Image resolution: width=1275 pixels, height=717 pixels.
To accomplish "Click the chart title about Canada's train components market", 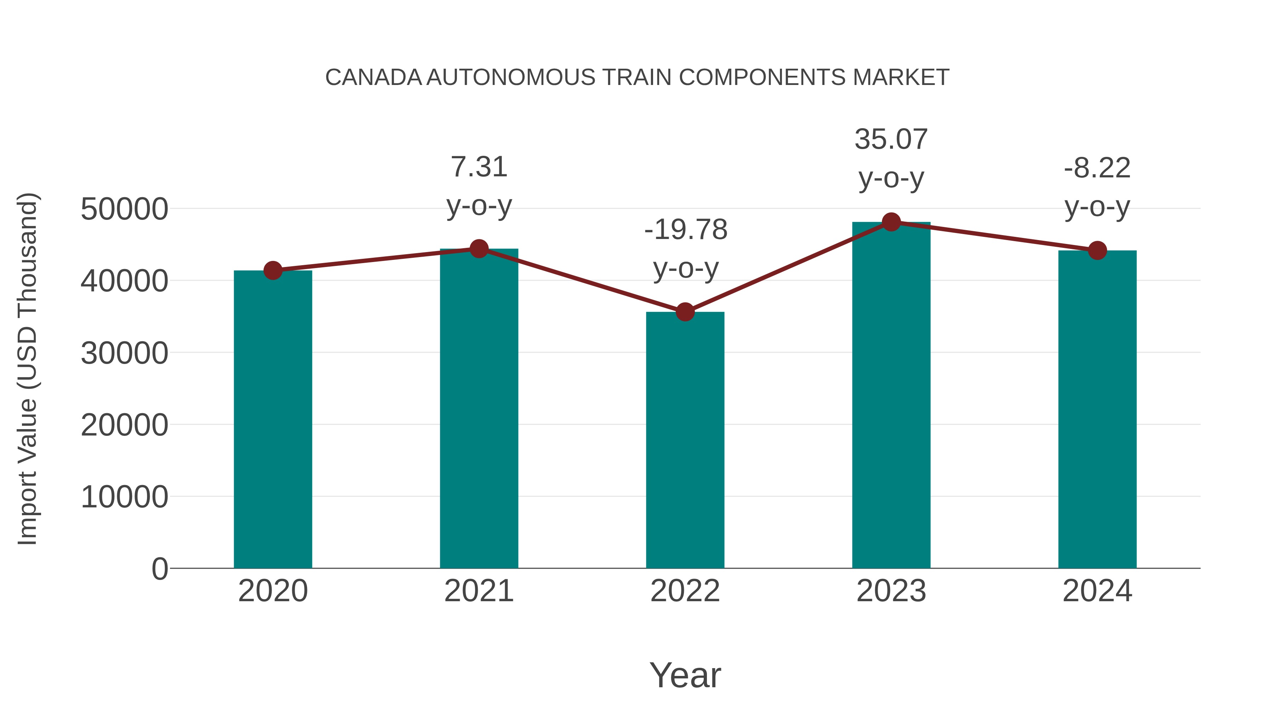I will (637, 78).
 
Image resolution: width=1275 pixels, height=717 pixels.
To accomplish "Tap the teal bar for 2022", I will (685, 440).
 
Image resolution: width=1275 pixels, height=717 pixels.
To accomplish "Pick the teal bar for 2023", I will (891, 396).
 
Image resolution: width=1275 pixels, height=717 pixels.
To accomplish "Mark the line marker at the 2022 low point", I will (685, 312).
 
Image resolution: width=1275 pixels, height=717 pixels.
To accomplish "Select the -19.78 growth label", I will (686, 230).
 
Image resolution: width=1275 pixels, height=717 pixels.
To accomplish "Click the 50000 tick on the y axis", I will (124, 209).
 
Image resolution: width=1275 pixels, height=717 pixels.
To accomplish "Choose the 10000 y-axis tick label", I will (124, 497).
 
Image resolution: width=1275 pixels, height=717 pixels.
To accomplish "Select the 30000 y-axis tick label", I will (124, 353).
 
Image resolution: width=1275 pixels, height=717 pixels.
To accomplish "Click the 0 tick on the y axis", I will (159, 569).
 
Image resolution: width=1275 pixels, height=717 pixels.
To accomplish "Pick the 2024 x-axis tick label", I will (1097, 591).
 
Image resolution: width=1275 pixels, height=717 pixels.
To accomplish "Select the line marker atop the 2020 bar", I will (273, 271).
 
